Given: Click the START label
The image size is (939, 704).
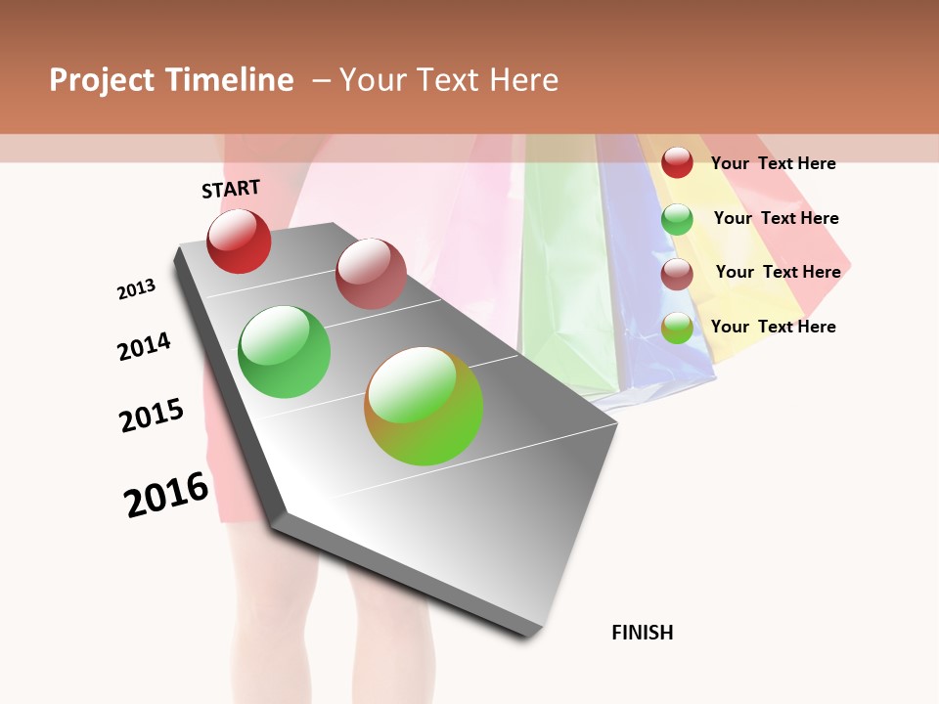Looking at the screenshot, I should (231, 189).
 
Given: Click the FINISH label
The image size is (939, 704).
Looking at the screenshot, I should (642, 633).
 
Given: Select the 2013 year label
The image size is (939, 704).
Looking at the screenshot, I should (136, 289).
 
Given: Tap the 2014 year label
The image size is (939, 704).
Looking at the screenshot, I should (144, 346).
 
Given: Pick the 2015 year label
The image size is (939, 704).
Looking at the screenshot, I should (152, 416).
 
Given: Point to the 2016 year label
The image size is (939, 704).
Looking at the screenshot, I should (166, 495).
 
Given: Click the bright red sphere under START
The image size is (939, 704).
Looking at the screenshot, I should (239, 242).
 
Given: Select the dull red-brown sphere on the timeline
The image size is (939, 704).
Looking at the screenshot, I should (371, 274).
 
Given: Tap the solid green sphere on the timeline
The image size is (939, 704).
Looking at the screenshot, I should (285, 352).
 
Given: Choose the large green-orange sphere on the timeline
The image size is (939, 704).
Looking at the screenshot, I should (424, 406).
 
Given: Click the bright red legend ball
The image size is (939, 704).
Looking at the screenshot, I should (677, 162).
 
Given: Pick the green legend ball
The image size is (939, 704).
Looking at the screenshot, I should (677, 219).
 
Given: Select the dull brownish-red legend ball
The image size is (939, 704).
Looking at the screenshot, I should (677, 274).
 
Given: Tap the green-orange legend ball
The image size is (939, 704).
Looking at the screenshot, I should (677, 329).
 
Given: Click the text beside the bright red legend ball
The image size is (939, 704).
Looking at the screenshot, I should (773, 163).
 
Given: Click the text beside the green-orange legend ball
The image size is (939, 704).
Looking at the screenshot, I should (773, 327).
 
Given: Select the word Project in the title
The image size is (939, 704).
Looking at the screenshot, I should (102, 80).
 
